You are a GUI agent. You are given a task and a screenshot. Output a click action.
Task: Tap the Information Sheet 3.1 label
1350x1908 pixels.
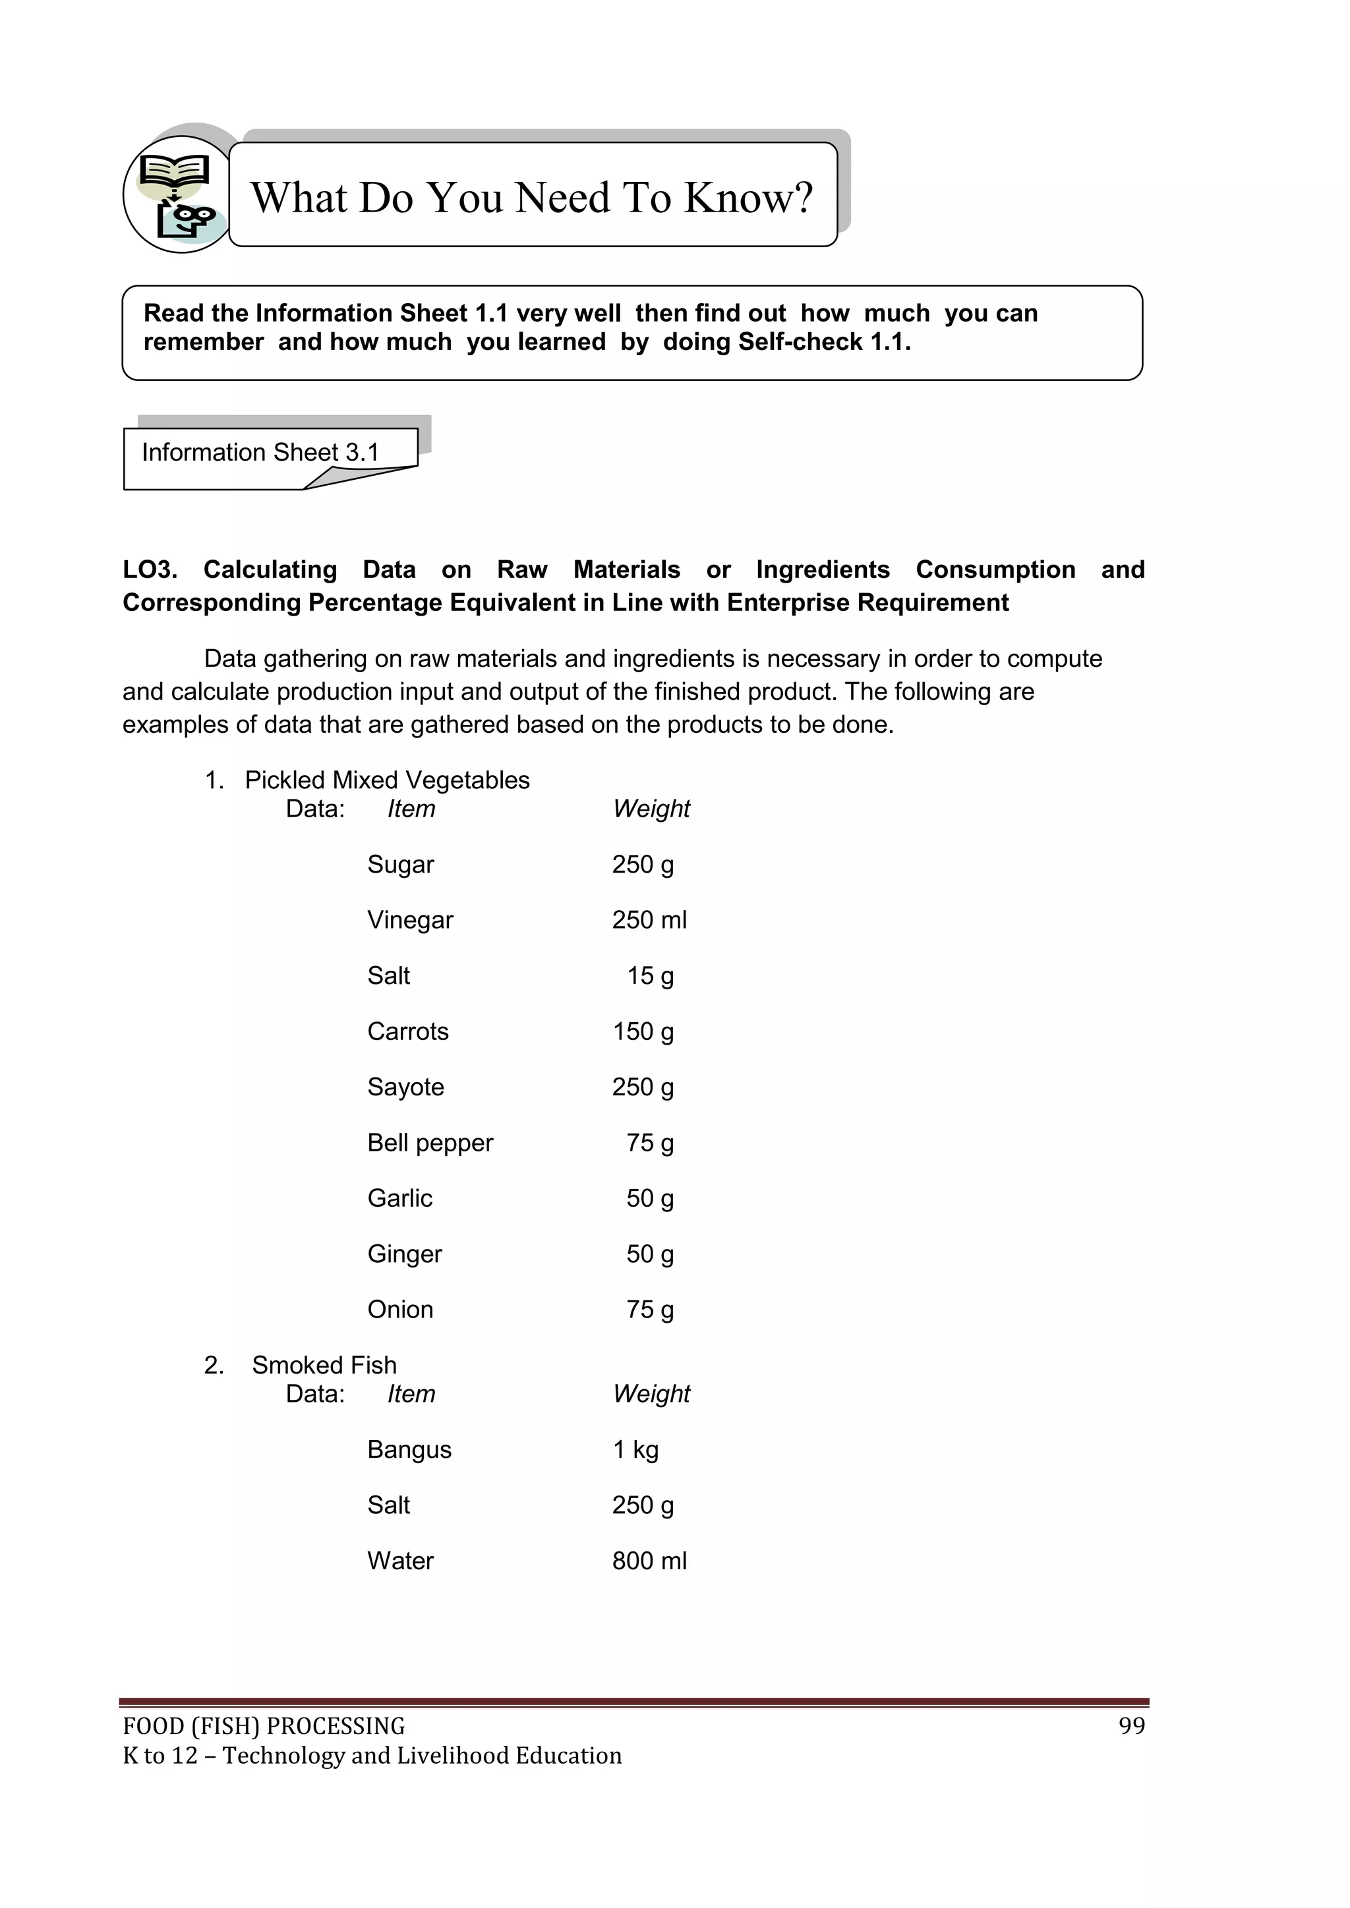pos(260,452)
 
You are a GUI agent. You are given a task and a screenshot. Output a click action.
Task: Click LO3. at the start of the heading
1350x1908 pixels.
pos(150,570)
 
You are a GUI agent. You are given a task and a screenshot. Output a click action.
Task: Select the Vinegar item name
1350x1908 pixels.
pos(410,920)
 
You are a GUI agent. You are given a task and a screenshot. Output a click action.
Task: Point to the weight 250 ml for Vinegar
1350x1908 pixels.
pos(649,920)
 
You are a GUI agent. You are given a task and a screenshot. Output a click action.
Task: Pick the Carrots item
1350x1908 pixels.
pos(407,1031)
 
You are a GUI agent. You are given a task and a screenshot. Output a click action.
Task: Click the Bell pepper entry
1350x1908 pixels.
pos(430,1143)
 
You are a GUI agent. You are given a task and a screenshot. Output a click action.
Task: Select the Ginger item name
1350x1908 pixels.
pos(404,1254)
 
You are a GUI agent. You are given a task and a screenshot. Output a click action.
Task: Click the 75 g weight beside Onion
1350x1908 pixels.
pos(650,1310)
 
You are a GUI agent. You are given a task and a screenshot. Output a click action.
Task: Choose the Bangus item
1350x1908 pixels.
pos(409,1449)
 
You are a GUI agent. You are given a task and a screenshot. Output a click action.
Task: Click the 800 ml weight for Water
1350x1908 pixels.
pos(649,1561)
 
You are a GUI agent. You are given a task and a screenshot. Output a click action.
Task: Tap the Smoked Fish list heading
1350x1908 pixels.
pos(324,1366)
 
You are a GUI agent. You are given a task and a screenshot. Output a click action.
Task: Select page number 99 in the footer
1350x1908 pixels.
pos(1131,1726)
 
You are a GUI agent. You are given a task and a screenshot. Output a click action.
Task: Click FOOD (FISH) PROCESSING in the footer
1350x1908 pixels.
pos(264,1727)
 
